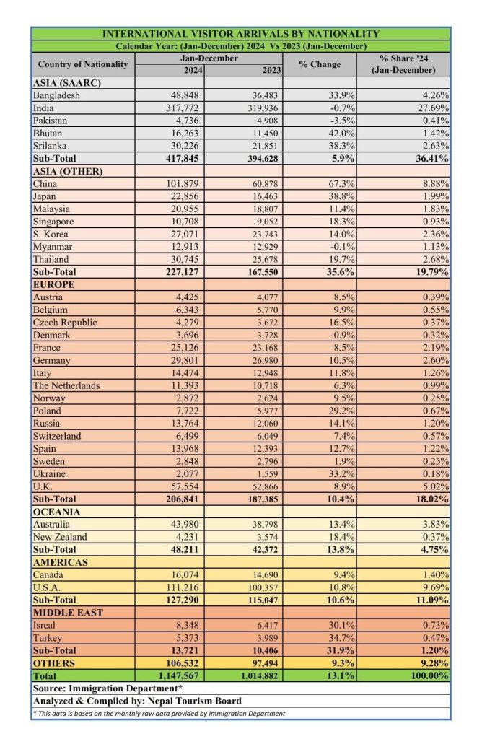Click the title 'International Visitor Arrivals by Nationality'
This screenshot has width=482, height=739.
tap(240, 34)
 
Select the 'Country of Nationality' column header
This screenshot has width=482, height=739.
tap(82, 64)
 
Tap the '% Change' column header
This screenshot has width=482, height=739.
tap(320, 64)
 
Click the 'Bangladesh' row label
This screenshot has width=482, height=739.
tap(56, 95)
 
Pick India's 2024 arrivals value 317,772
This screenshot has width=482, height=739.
tap(182, 108)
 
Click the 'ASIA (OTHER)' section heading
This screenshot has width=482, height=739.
tap(69, 171)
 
